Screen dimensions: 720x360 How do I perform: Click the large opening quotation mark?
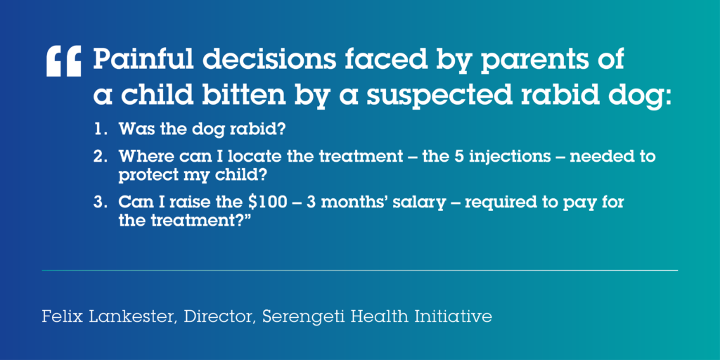point(63,61)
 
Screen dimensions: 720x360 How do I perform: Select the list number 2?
point(99,157)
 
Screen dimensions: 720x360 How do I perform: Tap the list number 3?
point(99,202)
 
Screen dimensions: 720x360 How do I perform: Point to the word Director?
point(219,318)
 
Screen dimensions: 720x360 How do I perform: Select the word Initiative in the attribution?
point(455,317)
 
